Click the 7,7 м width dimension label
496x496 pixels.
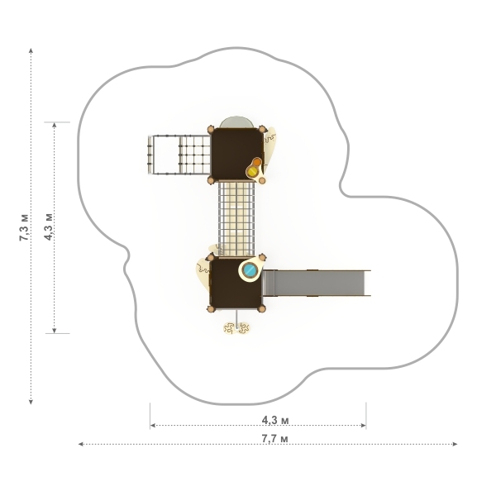coord(274,439)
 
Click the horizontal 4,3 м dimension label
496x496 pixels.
coord(275,420)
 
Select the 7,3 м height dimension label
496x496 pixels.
coord(24,227)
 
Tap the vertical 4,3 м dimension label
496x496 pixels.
coord(49,227)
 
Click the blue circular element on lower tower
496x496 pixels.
coord(250,269)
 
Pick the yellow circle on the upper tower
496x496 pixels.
coord(253,172)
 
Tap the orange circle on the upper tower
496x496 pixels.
coord(257,162)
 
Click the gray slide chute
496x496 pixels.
coord(317,283)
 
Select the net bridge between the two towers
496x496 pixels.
coord(236,218)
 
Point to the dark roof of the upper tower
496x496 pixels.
coord(236,154)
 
